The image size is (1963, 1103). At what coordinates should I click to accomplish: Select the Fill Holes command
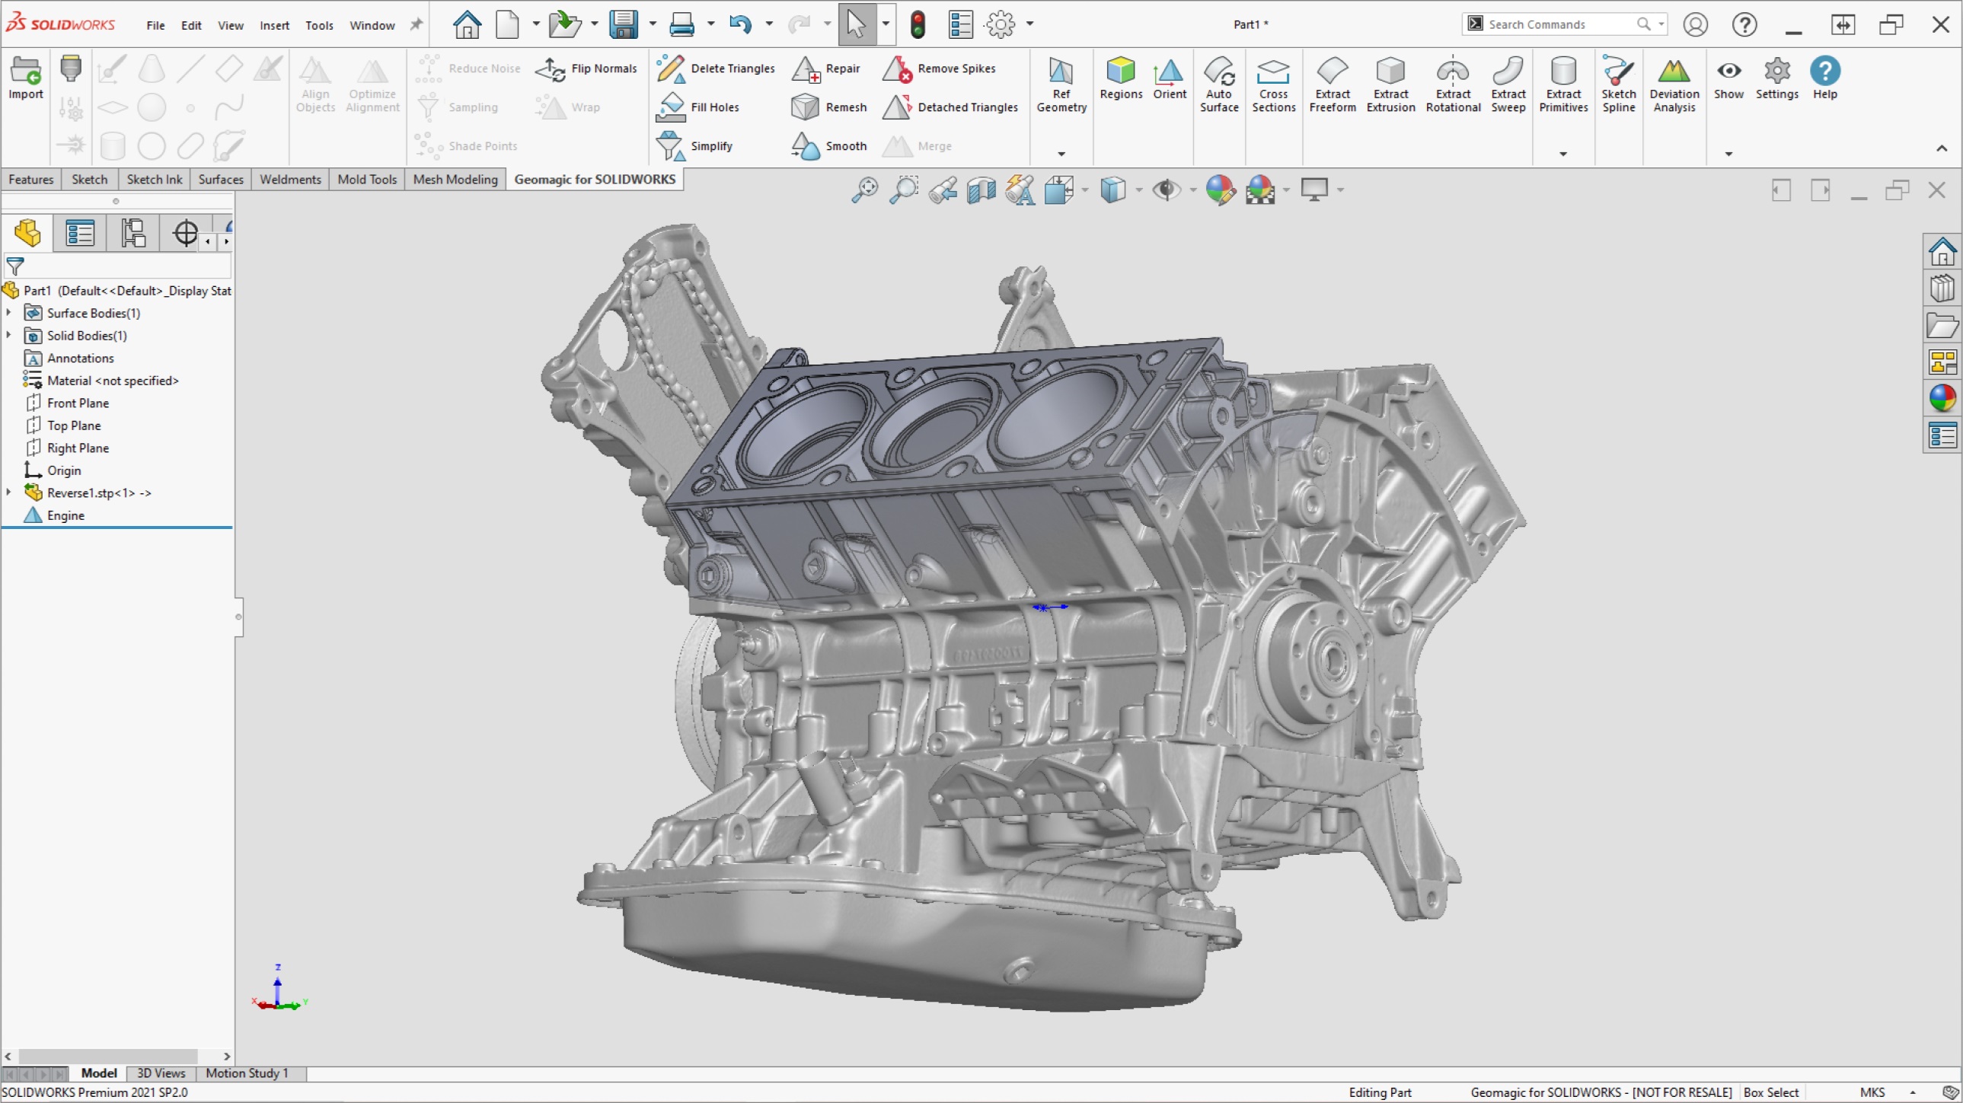[x=698, y=107]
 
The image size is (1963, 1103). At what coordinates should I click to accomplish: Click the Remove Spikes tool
[x=940, y=69]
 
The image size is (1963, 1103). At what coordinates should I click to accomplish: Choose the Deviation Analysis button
[x=1674, y=84]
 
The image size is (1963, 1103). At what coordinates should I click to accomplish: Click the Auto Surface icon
[x=1218, y=84]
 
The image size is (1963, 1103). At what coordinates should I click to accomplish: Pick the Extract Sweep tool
[x=1508, y=84]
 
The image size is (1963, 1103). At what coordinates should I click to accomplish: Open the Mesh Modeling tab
[x=455, y=179]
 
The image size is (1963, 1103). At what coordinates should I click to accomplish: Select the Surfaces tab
[x=220, y=179]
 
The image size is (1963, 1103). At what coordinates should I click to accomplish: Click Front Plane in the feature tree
[x=78, y=403]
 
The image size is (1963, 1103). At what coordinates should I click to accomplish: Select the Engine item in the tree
[x=65, y=515]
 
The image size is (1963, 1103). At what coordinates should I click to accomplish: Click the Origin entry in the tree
[x=64, y=470]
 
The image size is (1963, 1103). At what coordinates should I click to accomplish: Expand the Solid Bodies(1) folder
[x=8, y=335]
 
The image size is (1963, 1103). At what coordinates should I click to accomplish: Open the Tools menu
[x=319, y=25]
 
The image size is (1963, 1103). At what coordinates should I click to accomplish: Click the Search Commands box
[x=1555, y=24]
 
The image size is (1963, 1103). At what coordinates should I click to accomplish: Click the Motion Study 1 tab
[x=247, y=1073]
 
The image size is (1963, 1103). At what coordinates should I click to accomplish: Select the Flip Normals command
[x=587, y=69]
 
